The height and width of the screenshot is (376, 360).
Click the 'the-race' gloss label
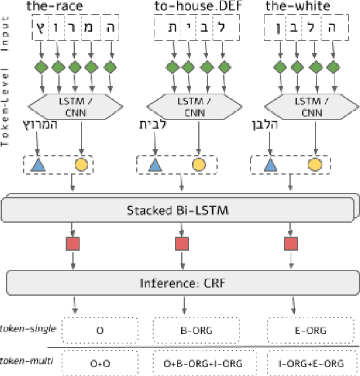pos(56,7)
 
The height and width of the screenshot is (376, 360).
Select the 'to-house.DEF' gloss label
pos(182,7)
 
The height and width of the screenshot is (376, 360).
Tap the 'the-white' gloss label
pos(299,7)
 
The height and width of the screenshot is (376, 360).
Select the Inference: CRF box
pos(180,282)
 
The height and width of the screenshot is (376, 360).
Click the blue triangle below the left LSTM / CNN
pos(38,164)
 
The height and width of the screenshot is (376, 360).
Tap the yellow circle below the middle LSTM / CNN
pos(199,164)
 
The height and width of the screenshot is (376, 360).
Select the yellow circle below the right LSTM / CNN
pos(314,164)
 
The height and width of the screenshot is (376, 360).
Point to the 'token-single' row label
pos(29,329)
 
